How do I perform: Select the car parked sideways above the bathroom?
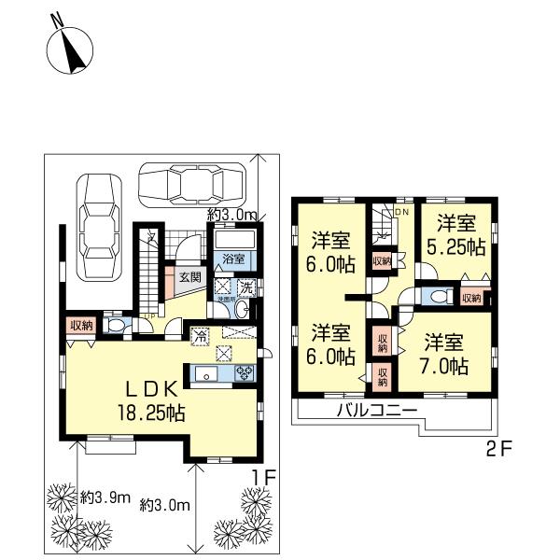tap(190, 184)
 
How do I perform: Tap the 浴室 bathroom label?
tap(232, 259)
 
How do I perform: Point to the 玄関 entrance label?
tap(190, 276)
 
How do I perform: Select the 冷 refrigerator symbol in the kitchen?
tap(199, 334)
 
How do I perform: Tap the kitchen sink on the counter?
tap(206, 375)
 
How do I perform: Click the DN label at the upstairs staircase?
tap(402, 214)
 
